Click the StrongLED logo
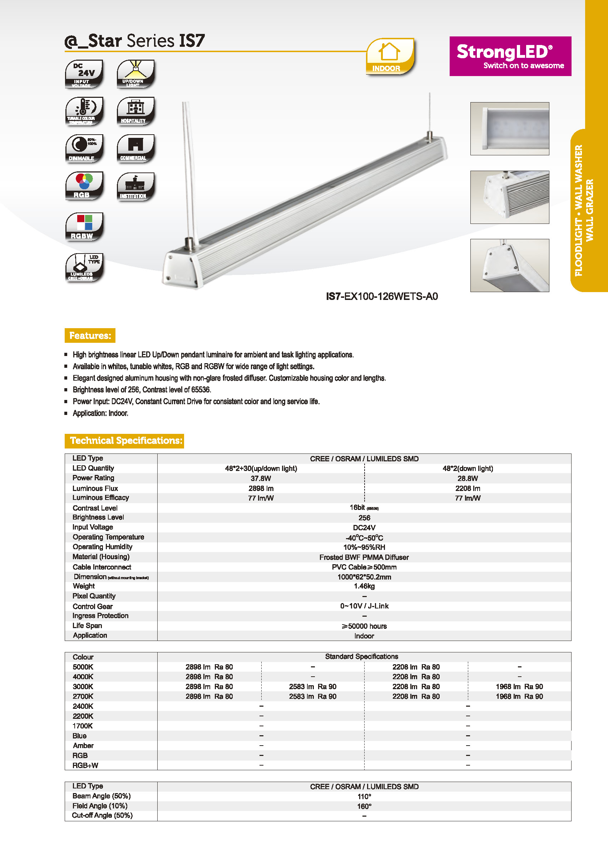click(510, 56)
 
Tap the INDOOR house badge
click(390, 57)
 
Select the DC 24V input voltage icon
click(84, 74)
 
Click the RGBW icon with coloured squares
click(84, 227)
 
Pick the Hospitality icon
click(135, 111)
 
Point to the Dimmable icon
click(84, 149)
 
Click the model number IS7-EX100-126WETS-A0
click(381, 297)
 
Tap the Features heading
click(90, 336)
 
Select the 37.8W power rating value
click(261, 478)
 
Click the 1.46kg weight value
click(364, 586)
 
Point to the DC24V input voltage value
click(364, 527)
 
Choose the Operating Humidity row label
click(102, 547)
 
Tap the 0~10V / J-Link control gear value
click(364, 606)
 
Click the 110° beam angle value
click(364, 797)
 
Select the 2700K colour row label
click(83, 696)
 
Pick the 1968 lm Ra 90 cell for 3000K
click(519, 687)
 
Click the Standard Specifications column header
click(361, 656)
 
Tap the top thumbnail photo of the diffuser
click(510, 129)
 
